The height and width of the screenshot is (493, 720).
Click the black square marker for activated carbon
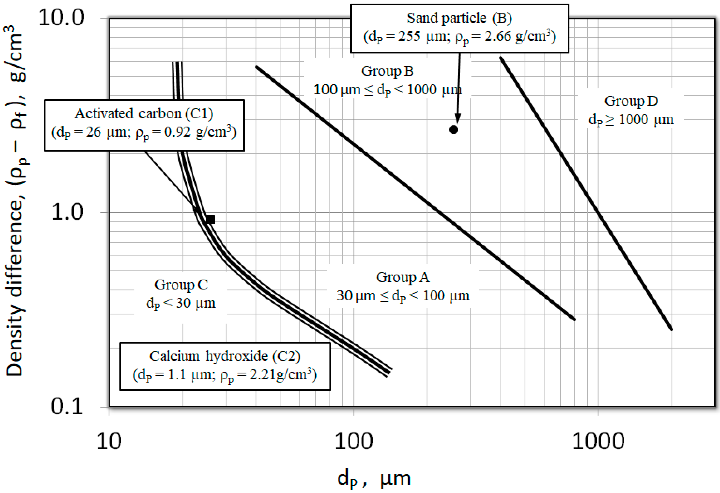(x=210, y=219)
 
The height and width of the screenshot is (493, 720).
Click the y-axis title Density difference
(x=15, y=201)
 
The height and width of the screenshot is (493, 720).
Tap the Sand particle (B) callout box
(x=460, y=28)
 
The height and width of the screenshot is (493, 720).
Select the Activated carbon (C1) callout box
(x=144, y=125)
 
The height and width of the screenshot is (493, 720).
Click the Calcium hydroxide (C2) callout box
(x=225, y=366)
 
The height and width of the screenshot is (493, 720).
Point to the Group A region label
(x=403, y=286)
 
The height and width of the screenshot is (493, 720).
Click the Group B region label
(x=387, y=80)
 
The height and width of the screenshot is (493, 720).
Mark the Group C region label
(x=181, y=294)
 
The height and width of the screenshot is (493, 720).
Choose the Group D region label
(x=631, y=110)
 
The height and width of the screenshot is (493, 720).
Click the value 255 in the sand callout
(x=409, y=37)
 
